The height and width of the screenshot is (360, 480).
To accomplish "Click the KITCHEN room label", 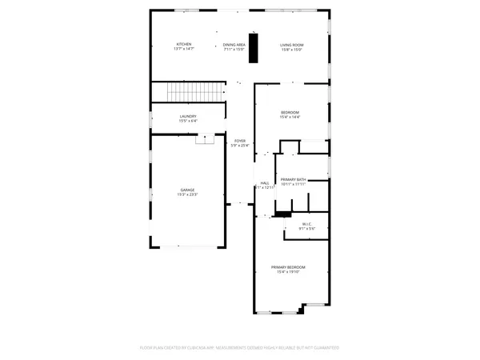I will [x=183, y=44].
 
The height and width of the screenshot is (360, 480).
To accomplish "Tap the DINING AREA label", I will [x=235, y=44].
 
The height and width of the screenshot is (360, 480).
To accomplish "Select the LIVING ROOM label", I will [x=291, y=44].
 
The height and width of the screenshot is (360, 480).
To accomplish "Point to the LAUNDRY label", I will [x=188, y=117].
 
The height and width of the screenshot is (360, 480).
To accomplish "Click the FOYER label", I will [x=240, y=141].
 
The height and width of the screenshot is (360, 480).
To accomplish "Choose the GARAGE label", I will [x=187, y=190].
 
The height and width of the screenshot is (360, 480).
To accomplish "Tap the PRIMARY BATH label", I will [x=293, y=179].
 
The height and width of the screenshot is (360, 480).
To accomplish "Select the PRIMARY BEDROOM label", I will [x=288, y=266].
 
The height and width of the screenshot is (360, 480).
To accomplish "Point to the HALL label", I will [x=265, y=183].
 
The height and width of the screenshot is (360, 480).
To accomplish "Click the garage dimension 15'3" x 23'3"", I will [x=187, y=194].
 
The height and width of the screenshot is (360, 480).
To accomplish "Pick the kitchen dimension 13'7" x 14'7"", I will [x=183, y=50].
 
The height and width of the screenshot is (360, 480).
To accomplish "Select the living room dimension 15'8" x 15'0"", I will [x=291, y=50].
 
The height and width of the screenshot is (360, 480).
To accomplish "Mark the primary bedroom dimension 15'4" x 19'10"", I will [x=288, y=272].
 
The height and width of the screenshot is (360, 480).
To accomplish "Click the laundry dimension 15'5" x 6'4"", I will [x=188, y=122].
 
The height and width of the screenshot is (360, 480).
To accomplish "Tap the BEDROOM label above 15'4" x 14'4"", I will [x=289, y=112].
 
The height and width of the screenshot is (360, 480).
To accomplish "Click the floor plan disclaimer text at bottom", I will [x=240, y=348].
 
